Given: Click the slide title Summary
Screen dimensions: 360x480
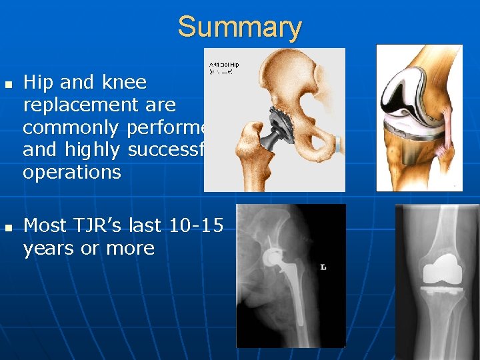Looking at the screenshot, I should (239, 27).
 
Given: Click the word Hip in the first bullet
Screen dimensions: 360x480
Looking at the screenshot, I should (39, 82).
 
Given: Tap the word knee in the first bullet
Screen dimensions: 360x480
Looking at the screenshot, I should (124, 82).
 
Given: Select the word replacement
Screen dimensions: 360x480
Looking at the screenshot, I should (99, 105).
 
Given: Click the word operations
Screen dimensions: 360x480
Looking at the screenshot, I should (72, 173).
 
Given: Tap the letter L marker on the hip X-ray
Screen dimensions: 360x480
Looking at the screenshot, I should (323, 267).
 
